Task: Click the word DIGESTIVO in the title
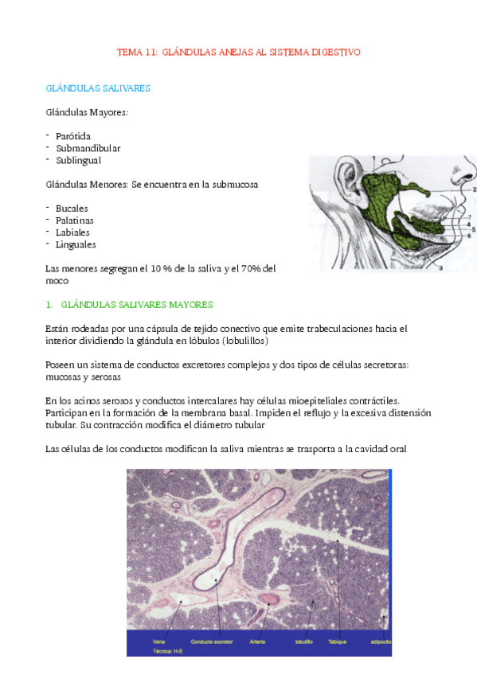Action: tap(333, 52)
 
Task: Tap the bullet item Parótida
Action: tap(73, 136)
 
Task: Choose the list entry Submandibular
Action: tap(88, 148)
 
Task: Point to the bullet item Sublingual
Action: tap(79, 160)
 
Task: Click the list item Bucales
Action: tap(72, 208)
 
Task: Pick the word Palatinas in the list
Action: tap(75, 220)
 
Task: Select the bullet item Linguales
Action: tap(76, 244)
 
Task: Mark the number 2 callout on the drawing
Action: tap(473, 190)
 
